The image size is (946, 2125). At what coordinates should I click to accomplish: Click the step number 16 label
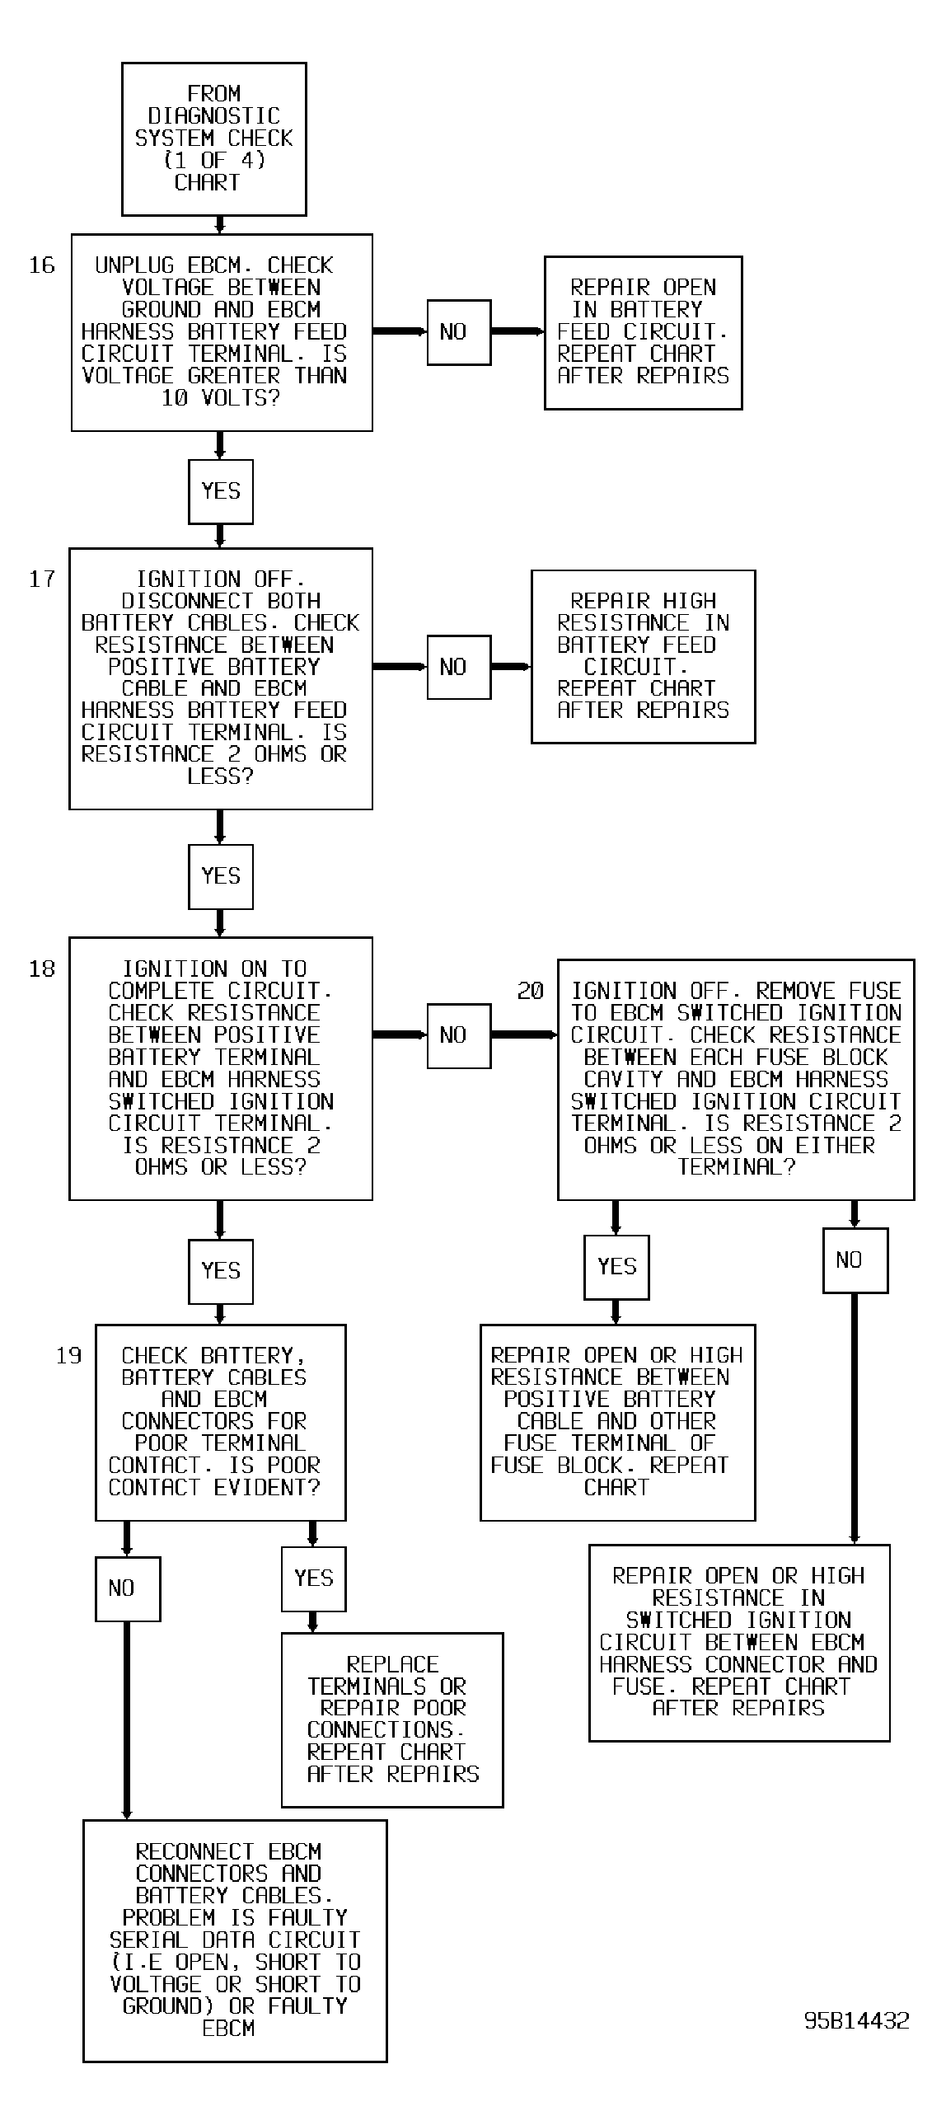click(x=42, y=265)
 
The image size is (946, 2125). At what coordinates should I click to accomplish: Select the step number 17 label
click(x=42, y=579)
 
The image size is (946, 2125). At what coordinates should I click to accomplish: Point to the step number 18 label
click(x=42, y=969)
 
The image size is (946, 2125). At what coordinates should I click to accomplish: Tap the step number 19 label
click(x=69, y=1355)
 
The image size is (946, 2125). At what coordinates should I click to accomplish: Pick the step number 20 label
click(x=531, y=991)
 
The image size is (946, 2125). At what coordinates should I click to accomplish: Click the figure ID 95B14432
click(x=857, y=2020)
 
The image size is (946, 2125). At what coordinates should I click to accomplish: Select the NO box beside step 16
click(x=458, y=332)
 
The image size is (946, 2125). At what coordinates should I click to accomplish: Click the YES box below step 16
click(x=220, y=491)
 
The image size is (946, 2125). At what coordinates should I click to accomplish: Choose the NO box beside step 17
click(x=458, y=668)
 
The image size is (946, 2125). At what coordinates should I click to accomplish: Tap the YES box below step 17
click(x=220, y=877)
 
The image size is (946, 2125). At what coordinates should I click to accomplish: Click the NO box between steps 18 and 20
click(x=458, y=1036)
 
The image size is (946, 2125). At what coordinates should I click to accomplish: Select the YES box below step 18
click(x=220, y=1271)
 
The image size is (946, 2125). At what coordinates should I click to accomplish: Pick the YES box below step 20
click(x=616, y=1267)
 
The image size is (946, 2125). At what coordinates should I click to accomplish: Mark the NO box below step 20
click(x=855, y=1260)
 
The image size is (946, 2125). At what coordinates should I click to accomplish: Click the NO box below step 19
click(x=128, y=1588)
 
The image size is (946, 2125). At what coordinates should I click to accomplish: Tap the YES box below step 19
click(x=313, y=1579)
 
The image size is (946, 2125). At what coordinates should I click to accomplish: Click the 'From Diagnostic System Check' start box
click(x=213, y=139)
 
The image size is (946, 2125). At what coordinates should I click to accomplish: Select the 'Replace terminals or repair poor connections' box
click(x=391, y=1720)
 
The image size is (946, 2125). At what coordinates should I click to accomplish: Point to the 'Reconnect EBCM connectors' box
click(x=235, y=1940)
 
